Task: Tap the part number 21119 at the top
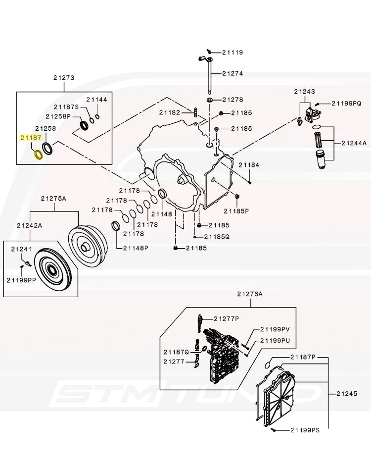tap(232, 52)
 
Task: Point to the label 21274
tap(232, 73)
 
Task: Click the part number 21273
tap(64, 78)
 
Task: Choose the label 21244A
tap(354, 143)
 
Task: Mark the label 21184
tap(249, 165)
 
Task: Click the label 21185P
tap(236, 210)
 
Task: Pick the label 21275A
tap(53, 198)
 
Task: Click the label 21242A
tap(30, 225)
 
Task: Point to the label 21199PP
tap(21, 279)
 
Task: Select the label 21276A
tap(250, 294)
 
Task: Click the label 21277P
tap(227, 318)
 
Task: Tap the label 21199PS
tap(305, 430)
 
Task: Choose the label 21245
tap(346, 394)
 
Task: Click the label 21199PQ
tap(347, 103)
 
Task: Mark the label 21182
tap(170, 112)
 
